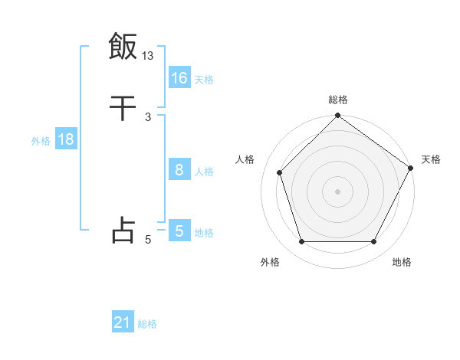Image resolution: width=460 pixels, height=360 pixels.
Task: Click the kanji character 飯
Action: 123,46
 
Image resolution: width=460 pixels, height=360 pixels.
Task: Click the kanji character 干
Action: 123,109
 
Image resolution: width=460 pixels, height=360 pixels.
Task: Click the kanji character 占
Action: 123,230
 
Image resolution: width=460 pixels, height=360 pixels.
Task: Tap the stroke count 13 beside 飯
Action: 148,56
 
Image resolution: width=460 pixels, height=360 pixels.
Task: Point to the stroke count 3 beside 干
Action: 148,117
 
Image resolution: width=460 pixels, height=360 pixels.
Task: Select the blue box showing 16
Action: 179,78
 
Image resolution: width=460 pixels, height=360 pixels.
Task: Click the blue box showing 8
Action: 179,170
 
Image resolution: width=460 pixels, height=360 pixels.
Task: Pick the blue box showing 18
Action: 65,139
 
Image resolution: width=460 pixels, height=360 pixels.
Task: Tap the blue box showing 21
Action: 123,322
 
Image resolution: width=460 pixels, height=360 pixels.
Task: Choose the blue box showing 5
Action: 179,231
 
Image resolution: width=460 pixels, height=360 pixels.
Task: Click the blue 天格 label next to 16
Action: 204,80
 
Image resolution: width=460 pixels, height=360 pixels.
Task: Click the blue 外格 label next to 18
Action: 41,141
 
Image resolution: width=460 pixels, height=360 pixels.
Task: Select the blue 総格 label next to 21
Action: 147,324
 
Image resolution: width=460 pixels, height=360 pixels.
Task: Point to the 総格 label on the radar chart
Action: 338,100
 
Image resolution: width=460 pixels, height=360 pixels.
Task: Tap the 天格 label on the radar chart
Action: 431,159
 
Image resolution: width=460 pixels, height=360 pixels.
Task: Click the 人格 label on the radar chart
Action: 245,159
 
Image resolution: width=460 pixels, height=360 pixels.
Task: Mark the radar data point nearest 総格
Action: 337,116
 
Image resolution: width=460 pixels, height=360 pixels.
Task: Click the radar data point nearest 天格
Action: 411,168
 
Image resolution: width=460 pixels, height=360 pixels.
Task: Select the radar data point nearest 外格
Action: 301,242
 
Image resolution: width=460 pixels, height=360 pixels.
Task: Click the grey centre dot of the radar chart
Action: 337,191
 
